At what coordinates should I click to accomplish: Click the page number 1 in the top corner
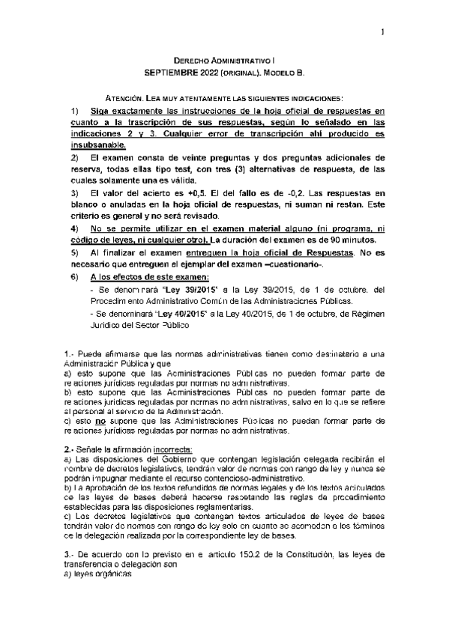click(382, 31)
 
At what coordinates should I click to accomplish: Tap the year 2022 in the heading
click(211, 73)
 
